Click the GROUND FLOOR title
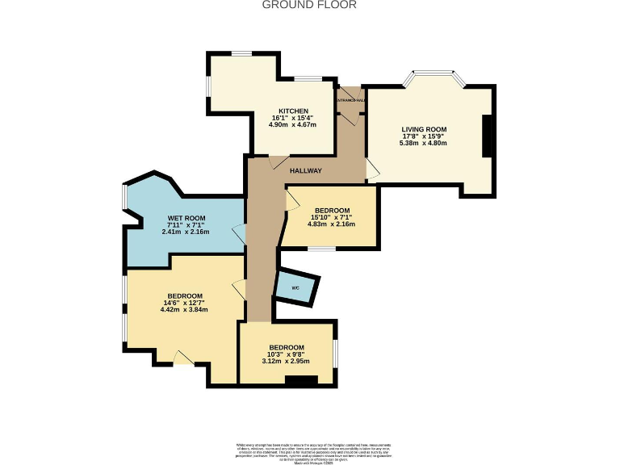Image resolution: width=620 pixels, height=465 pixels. tap(309, 5)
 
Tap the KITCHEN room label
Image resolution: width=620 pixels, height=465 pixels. tap(293, 111)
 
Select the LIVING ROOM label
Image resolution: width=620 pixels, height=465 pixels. tap(424, 129)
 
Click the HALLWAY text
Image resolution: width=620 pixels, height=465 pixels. tap(306, 170)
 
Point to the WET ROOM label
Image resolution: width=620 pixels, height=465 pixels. tap(186, 218)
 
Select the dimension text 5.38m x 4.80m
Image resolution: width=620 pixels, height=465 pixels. tap(424, 144)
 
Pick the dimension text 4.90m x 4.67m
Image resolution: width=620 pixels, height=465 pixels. tap(293, 125)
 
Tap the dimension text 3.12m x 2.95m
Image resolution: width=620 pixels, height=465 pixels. tap(287, 362)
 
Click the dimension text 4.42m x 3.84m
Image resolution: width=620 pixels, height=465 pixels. tap(185, 310)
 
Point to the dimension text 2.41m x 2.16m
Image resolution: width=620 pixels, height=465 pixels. tap(186, 232)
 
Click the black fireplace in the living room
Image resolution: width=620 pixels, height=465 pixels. tap(487, 136)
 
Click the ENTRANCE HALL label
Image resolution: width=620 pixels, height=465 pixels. tap(350, 100)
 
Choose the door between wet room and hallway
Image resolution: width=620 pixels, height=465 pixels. tap(239, 235)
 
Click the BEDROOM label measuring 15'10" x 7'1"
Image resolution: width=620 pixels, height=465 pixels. tap(331, 210)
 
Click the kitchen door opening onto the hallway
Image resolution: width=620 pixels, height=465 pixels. tap(275, 161)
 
